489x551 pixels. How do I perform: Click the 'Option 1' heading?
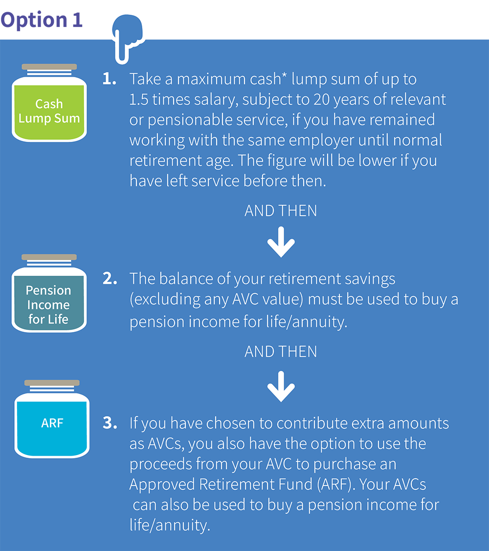click(x=42, y=21)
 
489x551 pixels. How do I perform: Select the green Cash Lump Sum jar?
click(x=49, y=103)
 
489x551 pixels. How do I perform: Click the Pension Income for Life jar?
click(x=49, y=293)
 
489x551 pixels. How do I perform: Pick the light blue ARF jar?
click(x=52, y=419)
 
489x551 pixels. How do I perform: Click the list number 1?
click(x=110, y=79)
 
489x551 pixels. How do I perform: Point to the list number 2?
click(x=110, y=279)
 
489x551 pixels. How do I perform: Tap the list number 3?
click(x=110, y=423)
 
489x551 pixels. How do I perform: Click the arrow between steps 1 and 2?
click(x=281, y=242)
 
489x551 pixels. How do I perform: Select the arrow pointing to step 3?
click(x=281, y=386)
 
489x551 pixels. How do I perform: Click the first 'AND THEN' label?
click(x=281, y=211)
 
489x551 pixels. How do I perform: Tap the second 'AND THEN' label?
click(x=281, y=352)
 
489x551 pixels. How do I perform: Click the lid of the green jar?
click(x=49, y=67)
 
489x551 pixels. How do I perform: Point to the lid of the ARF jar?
click(x=52, y=383)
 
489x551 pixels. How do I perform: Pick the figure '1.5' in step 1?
click(x=139, y=100)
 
